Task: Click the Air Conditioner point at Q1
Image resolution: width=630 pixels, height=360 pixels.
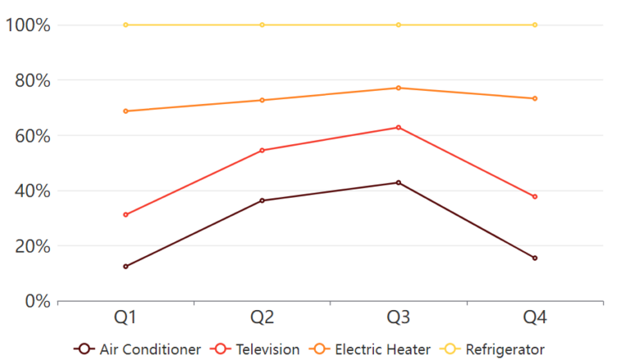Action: click(x=126, y=267)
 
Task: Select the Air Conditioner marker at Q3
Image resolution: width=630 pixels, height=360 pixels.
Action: click(x=399, y=182)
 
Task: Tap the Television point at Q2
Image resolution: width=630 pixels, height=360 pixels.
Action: click(x=262, y=150)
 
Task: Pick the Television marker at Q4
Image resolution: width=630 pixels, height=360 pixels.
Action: click(x=535, y=197)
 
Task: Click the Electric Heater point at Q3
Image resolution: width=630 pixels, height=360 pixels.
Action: click(x=399, y=88)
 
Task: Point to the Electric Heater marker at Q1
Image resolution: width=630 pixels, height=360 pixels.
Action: click(x=126, y=111)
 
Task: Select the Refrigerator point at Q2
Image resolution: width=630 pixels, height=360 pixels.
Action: click(x=262, y=25)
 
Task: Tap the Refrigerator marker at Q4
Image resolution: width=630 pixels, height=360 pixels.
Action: click(x=535, y=25)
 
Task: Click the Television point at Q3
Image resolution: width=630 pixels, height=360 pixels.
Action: click(x=399, y=127)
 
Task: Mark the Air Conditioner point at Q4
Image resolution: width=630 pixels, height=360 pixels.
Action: click(x=535, y=257)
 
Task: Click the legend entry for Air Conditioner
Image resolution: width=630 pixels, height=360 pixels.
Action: click(x=138, y=349)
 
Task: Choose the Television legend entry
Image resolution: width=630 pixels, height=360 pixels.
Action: click(x=256, y=349)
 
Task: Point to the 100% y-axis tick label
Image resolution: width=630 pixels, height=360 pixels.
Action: click(x=28, y=25)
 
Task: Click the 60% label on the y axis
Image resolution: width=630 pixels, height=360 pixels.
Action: click(x=32, y=135)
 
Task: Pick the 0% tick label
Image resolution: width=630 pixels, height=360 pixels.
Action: click(x=37, y=301)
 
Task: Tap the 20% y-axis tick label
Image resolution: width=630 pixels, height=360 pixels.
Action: click(x=32, y=246)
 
